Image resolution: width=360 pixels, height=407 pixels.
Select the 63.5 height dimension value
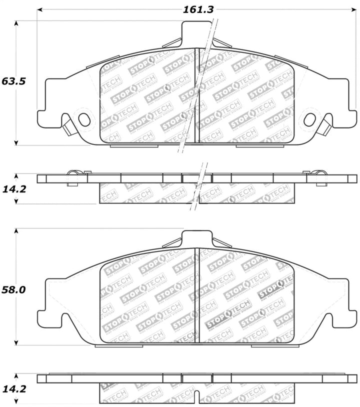[x=14, y=81]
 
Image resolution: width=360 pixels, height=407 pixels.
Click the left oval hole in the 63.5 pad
[x=84, y=119]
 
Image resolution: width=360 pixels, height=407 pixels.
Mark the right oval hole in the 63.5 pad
[x=310, y=119]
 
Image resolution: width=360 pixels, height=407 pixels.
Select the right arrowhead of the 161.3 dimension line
[x=354, y=9]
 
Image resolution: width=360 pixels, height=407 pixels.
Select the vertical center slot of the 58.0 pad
[x=197, y=295]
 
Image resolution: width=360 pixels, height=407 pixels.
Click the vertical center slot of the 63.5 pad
[x=197, y=95]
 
